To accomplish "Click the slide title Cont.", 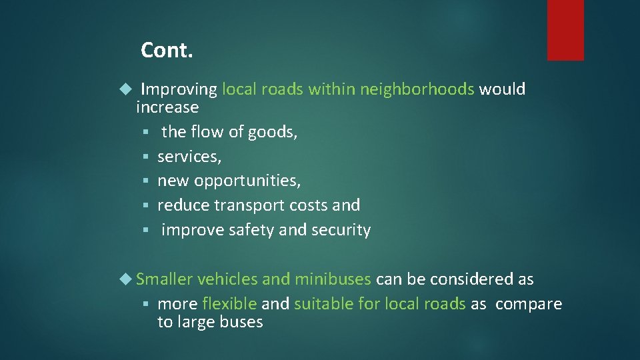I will tap(167, 50).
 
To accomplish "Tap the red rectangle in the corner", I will tap(565, 30).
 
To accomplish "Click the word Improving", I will tap(179, 89).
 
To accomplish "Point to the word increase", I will tap(167, 107).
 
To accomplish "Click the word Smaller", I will tap(164, 279).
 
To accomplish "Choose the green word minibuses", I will tap(333, 279).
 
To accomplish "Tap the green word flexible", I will tap(229, 304).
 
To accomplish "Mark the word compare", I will tap(529, 304).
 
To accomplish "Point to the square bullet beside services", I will tap(147, 157).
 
